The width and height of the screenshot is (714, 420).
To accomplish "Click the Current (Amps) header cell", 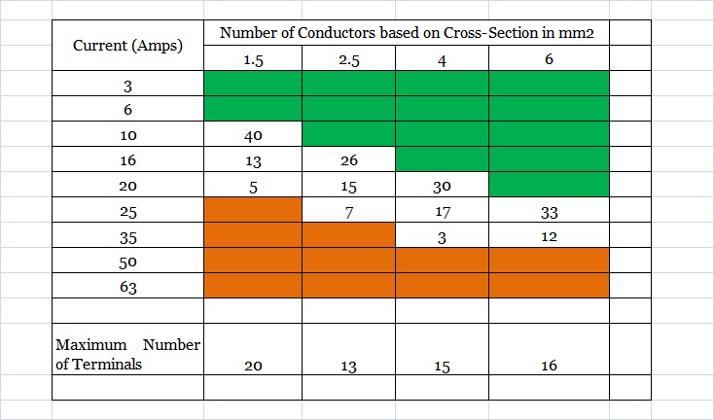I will click(126, 45).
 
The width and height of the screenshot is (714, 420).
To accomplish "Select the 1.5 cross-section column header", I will click(253, 60).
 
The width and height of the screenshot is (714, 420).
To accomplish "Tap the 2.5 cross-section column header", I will click(348, 60).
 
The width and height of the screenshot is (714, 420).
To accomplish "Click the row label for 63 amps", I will click(127, 286).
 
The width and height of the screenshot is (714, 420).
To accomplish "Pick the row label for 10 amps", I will click(127, 135).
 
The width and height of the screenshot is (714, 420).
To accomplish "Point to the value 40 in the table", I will click(253, 135).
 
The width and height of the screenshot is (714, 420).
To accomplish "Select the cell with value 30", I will click(442, 186).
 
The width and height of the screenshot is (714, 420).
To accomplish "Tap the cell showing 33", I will click(549, 211).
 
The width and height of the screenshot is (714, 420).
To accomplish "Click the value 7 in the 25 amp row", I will click(348, 211).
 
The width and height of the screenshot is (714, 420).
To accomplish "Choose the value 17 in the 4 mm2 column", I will click(442, 211).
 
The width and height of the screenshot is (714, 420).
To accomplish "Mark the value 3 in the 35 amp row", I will click(442, 236).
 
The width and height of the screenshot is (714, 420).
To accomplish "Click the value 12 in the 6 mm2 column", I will click(549, 236).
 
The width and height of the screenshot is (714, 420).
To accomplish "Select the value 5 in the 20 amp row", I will click(253, 186).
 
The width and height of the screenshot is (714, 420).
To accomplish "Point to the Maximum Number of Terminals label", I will click(127, 354).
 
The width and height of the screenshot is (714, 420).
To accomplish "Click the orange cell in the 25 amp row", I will click(253, 210).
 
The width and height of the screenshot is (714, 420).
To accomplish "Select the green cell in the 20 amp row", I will click(549, 185).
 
